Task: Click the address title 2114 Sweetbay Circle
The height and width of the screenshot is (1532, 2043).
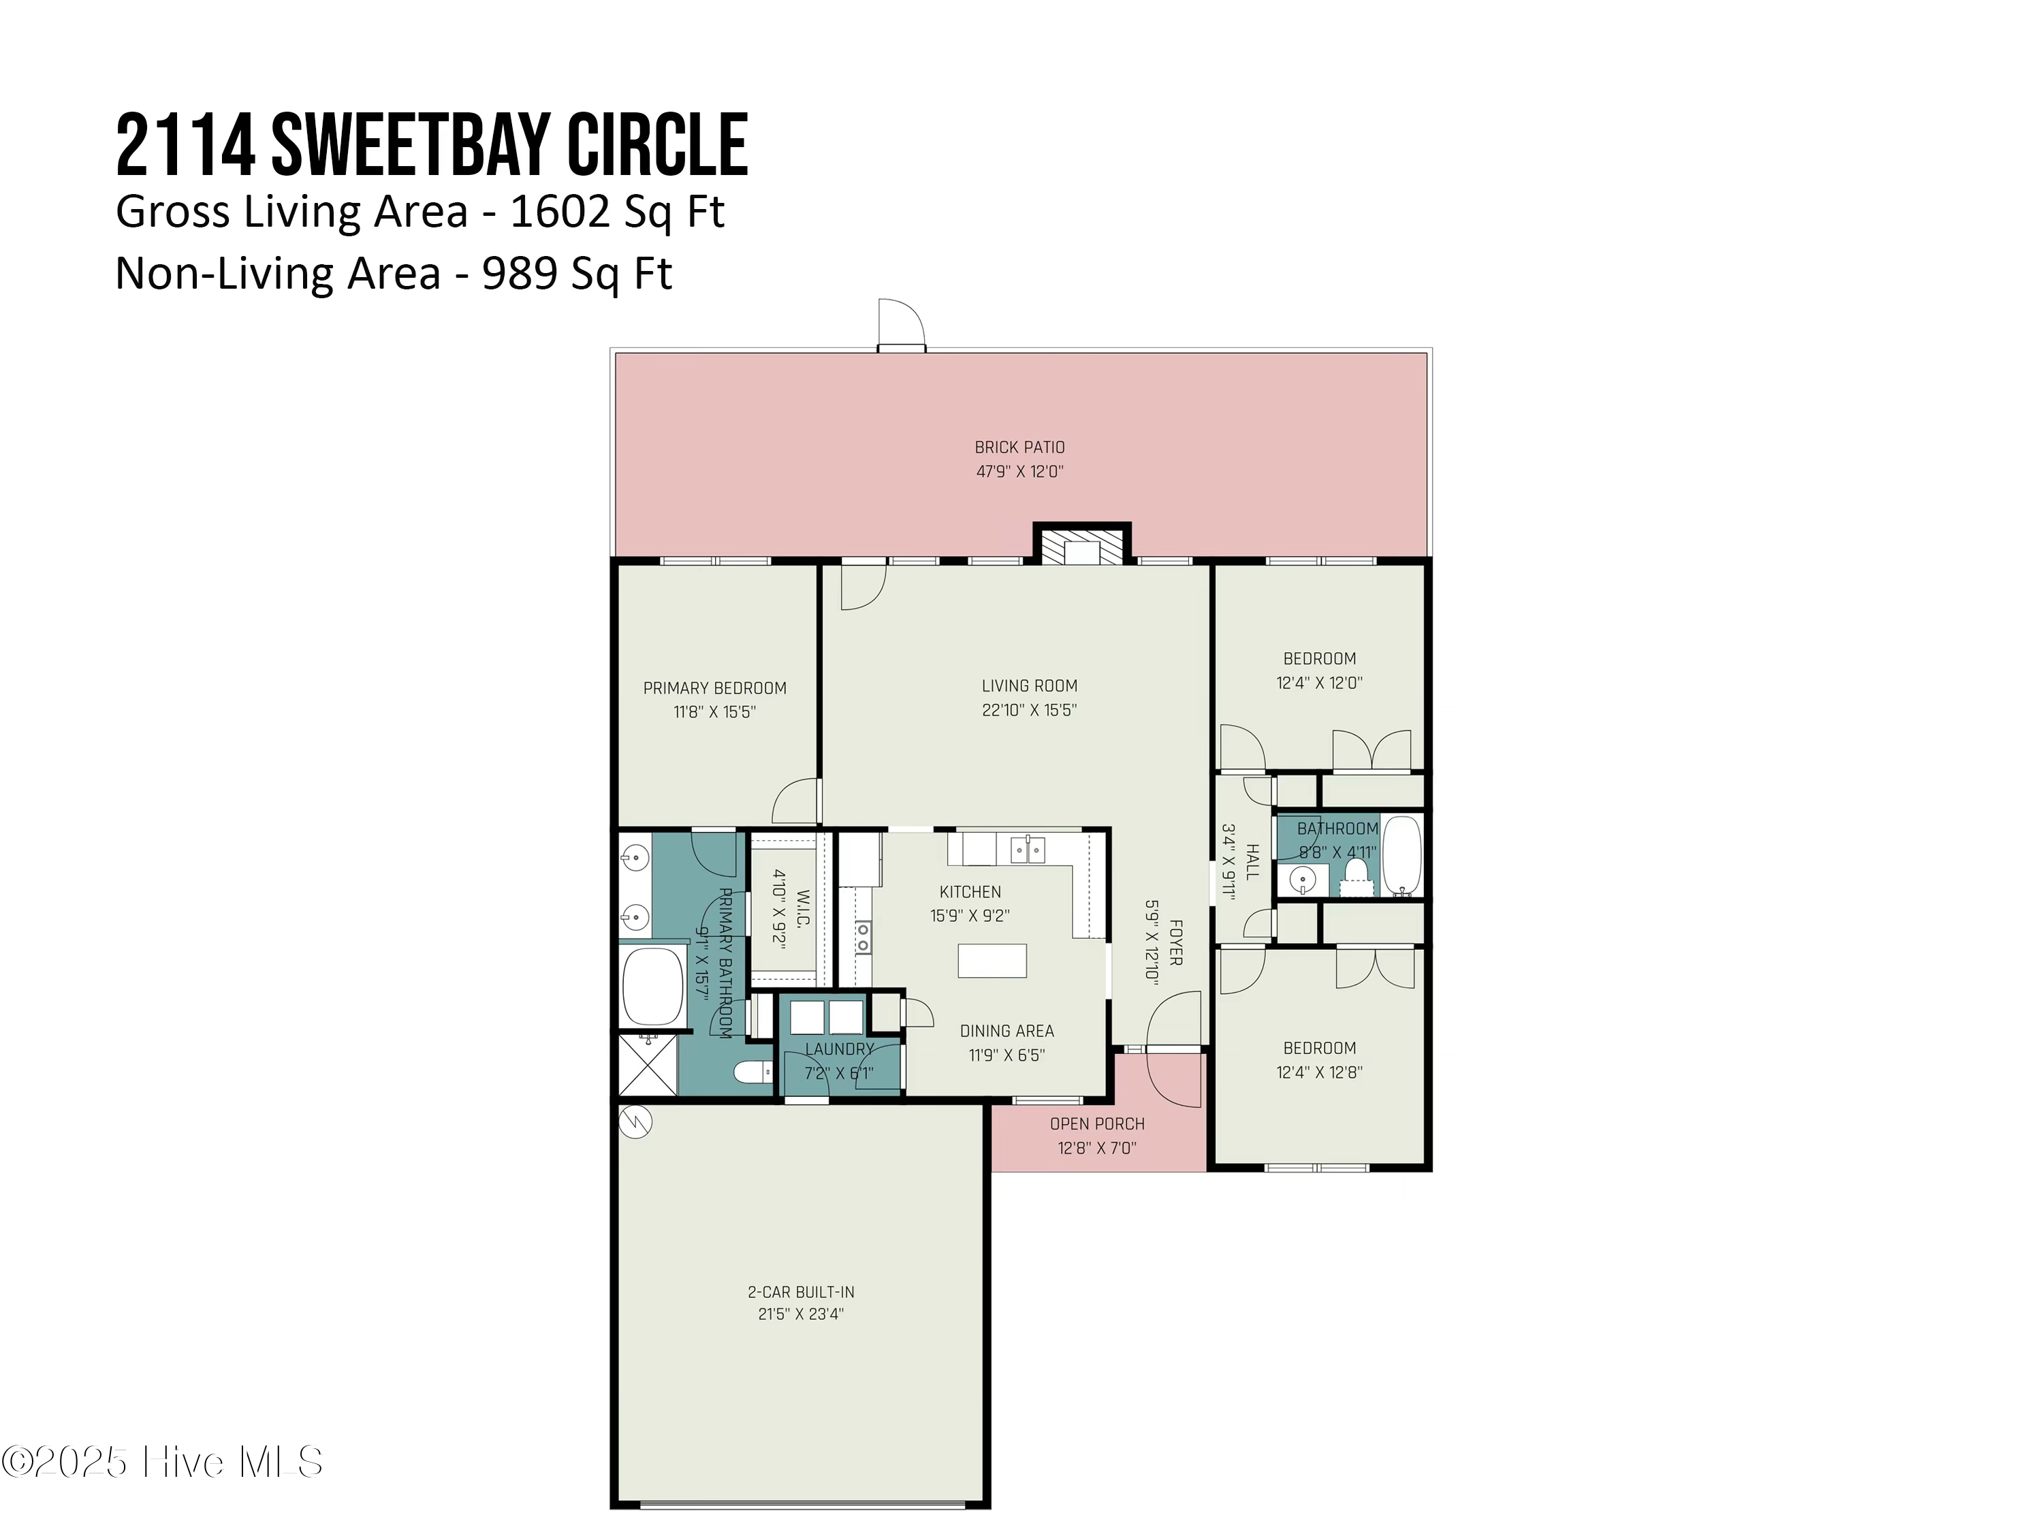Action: coord(431,145)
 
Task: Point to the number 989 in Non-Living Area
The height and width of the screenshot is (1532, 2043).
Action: coord(519,273)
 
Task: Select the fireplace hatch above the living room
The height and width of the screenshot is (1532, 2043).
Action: coord(1081,546)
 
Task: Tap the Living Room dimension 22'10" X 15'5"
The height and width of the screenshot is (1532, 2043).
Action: coord(1029,710)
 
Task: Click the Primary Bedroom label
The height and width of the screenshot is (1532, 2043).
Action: coord(715,688)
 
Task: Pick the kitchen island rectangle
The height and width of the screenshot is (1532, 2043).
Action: coord(992,960)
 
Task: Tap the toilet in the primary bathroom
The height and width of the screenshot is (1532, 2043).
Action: coord(753,1072)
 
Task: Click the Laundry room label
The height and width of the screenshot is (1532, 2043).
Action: coord(838,1049)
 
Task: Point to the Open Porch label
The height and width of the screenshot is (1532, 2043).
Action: coord(1097,1124)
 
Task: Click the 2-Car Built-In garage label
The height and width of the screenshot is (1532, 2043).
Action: coord(801,1292)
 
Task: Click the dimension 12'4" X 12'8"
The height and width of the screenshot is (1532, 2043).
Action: coord(1319,1072)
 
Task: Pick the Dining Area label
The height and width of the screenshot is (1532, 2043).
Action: coord(1007,1031)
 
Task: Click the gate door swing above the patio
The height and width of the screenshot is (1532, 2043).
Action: coord(900,323)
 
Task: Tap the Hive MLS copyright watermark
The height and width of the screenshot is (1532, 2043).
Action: coord(163,1462)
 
